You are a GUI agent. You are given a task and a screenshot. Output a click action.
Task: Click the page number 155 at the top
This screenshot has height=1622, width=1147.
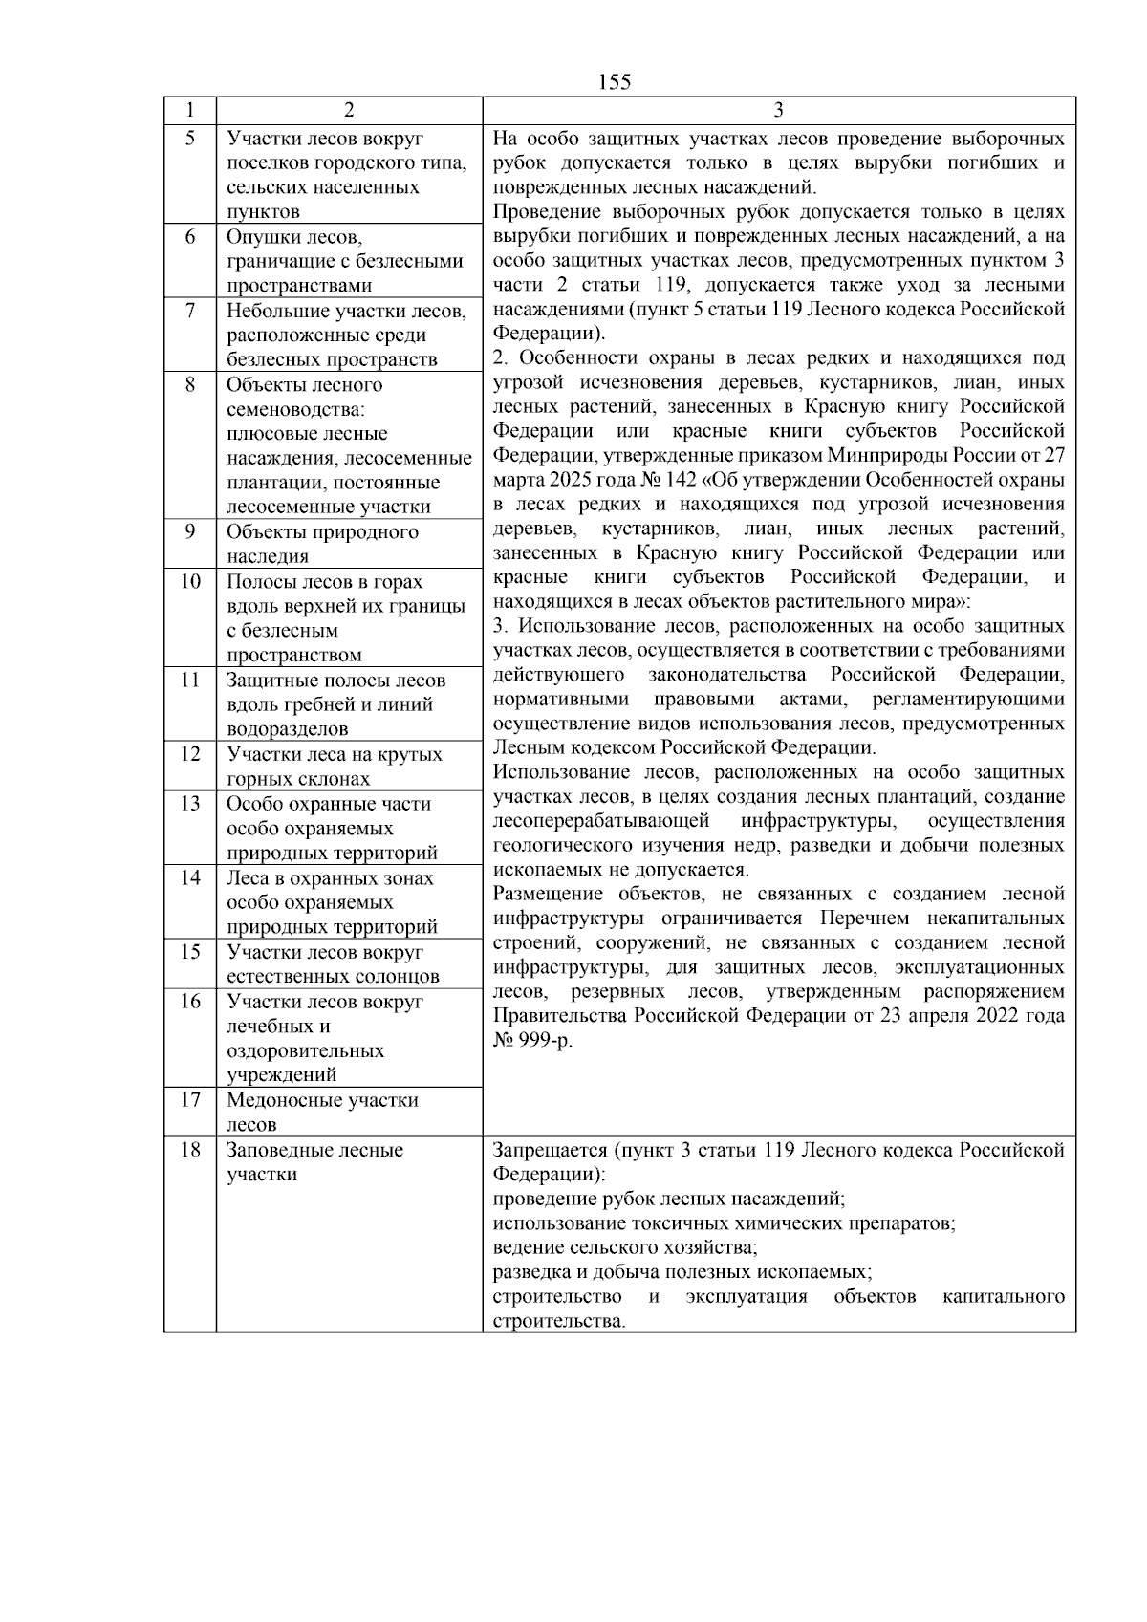[x=615, y=82]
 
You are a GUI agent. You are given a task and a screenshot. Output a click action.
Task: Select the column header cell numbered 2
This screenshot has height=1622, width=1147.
[x=349, y=111]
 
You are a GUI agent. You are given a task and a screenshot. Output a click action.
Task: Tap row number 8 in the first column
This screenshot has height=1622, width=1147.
[x=190, y=384]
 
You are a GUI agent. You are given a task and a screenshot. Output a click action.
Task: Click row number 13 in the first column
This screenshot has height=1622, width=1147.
[x=190, y=804]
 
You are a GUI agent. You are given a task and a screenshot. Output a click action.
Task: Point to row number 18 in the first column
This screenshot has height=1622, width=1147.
[x=190, y=1150]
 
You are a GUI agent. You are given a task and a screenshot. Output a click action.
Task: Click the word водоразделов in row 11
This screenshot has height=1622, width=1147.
[x=288, y=729]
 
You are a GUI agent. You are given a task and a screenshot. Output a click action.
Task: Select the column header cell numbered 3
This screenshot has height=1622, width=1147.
[x=778, y=111]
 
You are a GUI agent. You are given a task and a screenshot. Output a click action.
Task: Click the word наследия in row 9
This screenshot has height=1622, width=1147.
[x=268, y=556]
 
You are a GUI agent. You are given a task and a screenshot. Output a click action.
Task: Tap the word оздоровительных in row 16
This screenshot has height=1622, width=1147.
[x=305, y=1051]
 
